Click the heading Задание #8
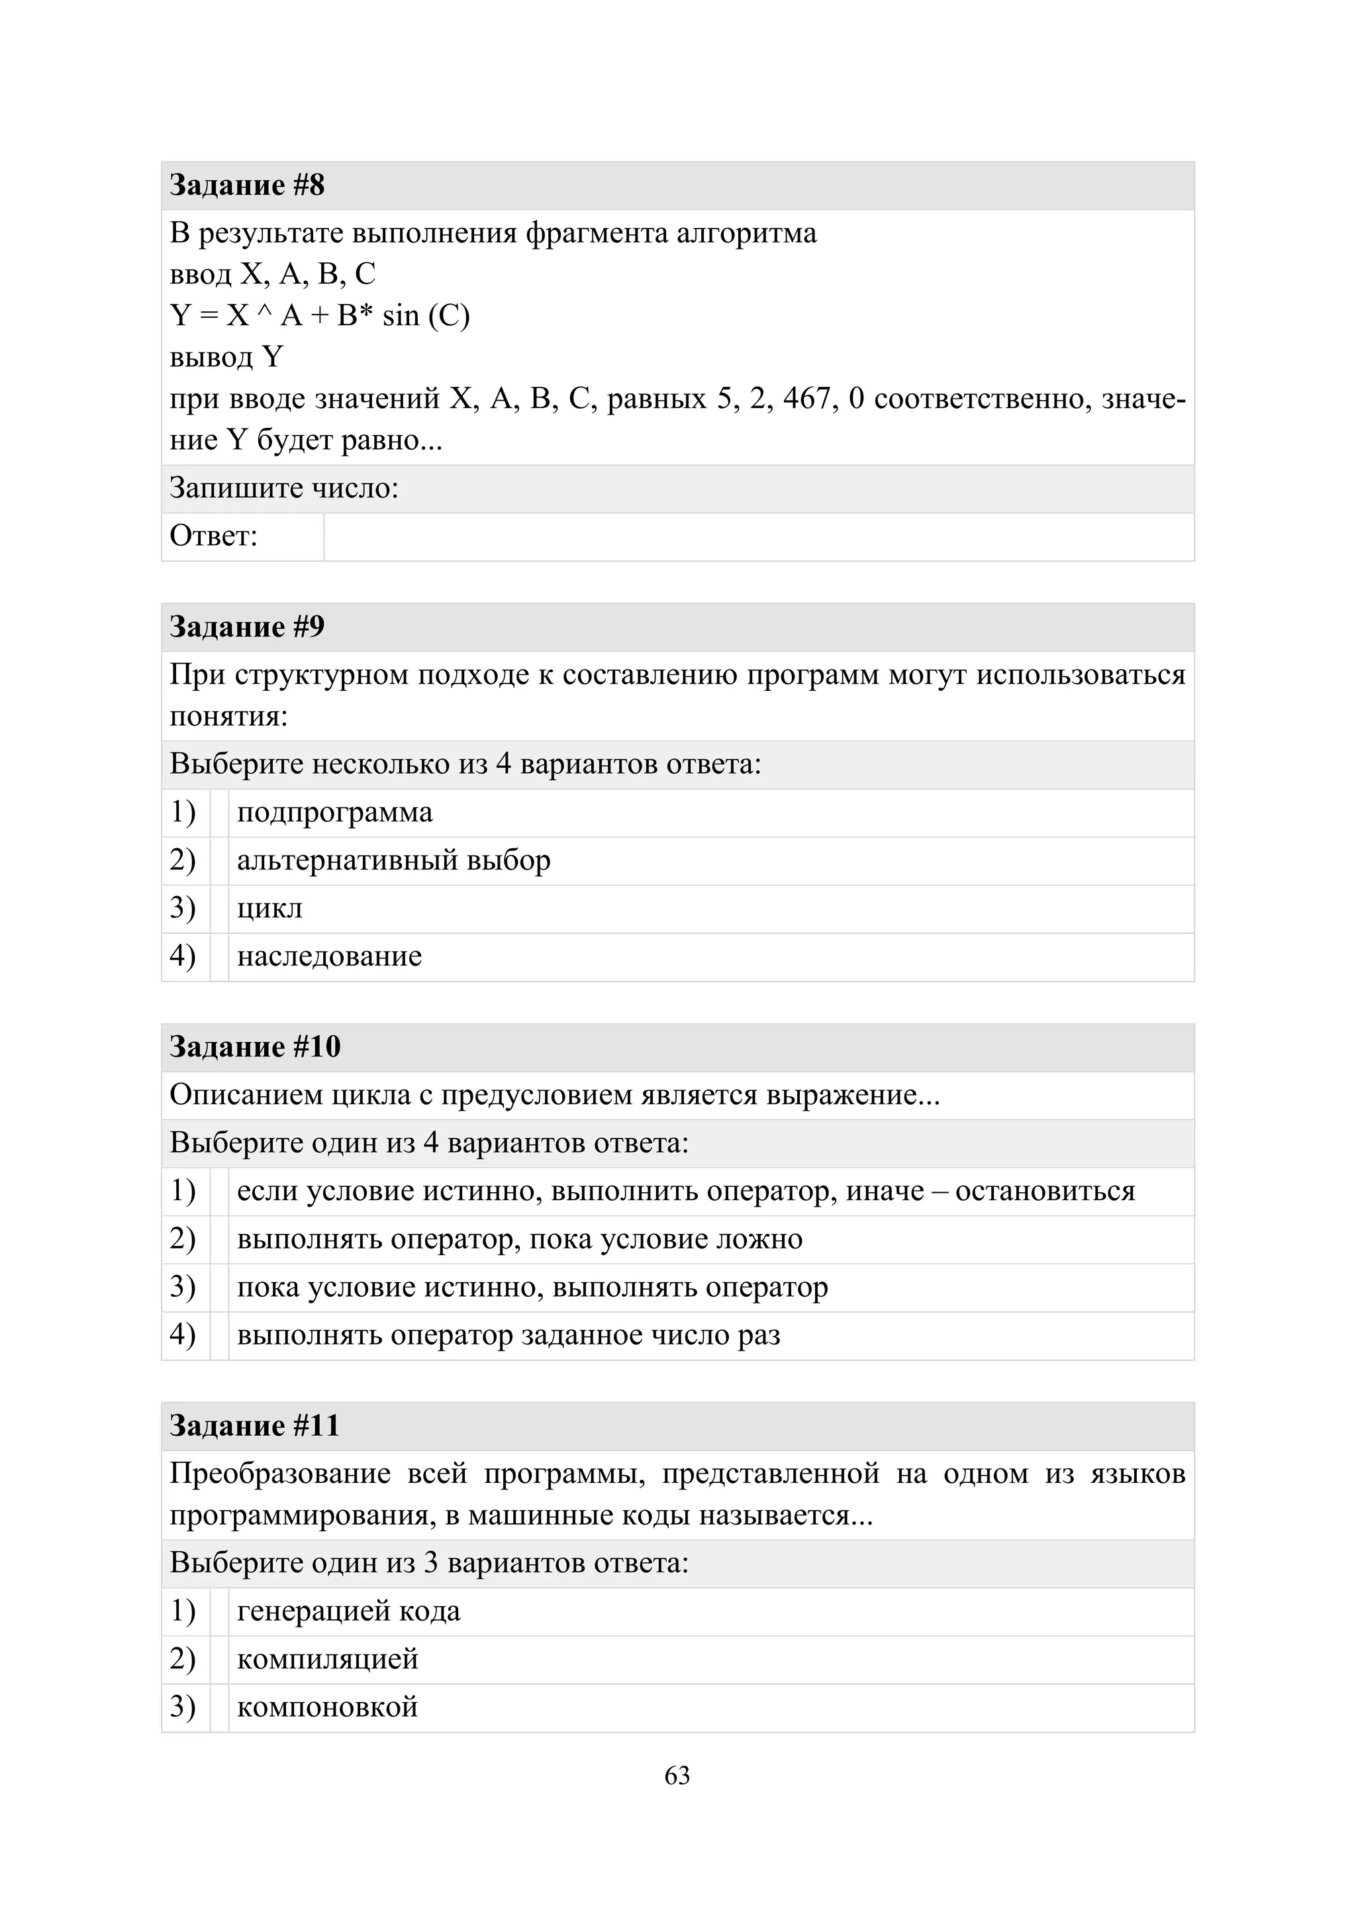(247, 185)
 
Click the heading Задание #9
(247, 627)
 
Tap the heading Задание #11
(256, 1426)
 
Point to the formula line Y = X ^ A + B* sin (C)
(320, 316)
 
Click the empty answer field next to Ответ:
(758, 536)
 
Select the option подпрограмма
(335, 813)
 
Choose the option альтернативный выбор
(393, 860)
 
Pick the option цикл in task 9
(269, 909)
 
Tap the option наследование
(329, 956)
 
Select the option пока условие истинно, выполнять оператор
(532, 1287)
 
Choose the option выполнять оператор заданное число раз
(508, 1335)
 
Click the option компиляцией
(327, 1659)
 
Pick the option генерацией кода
(348, 1611)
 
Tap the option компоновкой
(327, 1707)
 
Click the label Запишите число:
(284, 489)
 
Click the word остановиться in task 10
(1045, 1191)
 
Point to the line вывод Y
(226, 358)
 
